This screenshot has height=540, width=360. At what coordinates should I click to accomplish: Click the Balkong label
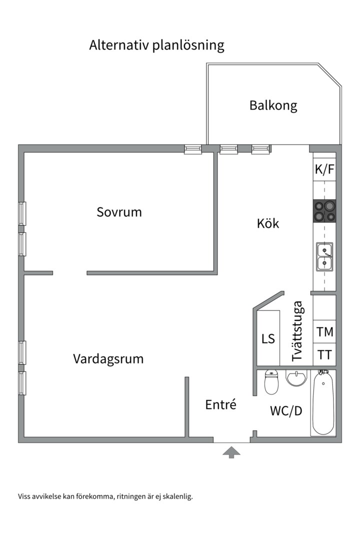pos(273,106)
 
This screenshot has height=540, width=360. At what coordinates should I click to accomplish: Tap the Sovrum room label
pos(119,212)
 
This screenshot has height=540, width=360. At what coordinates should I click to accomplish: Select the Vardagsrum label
pos(108,359)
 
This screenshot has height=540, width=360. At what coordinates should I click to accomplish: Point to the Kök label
pos(268,223)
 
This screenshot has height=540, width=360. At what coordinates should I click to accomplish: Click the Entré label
pos(220,404)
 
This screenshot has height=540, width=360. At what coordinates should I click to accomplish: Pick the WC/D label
pos(286,411)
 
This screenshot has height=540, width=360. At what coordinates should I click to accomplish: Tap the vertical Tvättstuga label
pos(297,331)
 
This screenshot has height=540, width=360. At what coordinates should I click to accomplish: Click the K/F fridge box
pos(324,169)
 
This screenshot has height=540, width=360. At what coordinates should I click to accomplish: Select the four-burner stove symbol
pos(324,210)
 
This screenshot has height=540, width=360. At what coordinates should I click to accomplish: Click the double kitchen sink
pos(324,256)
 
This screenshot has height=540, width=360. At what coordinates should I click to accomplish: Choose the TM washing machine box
pos(324,332)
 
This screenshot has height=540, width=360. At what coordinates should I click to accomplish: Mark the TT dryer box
pos(324,355)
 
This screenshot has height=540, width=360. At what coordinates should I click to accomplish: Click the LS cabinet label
pos(268,338)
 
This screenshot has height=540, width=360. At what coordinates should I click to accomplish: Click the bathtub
pos(323,402)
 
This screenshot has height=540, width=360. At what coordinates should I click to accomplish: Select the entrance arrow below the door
pos(231,452)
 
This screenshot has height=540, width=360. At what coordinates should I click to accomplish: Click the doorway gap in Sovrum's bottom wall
pos(69,273)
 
